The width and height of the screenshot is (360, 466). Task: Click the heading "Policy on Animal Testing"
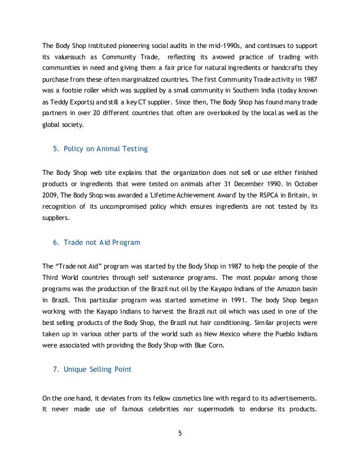(x=102, y=150)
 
